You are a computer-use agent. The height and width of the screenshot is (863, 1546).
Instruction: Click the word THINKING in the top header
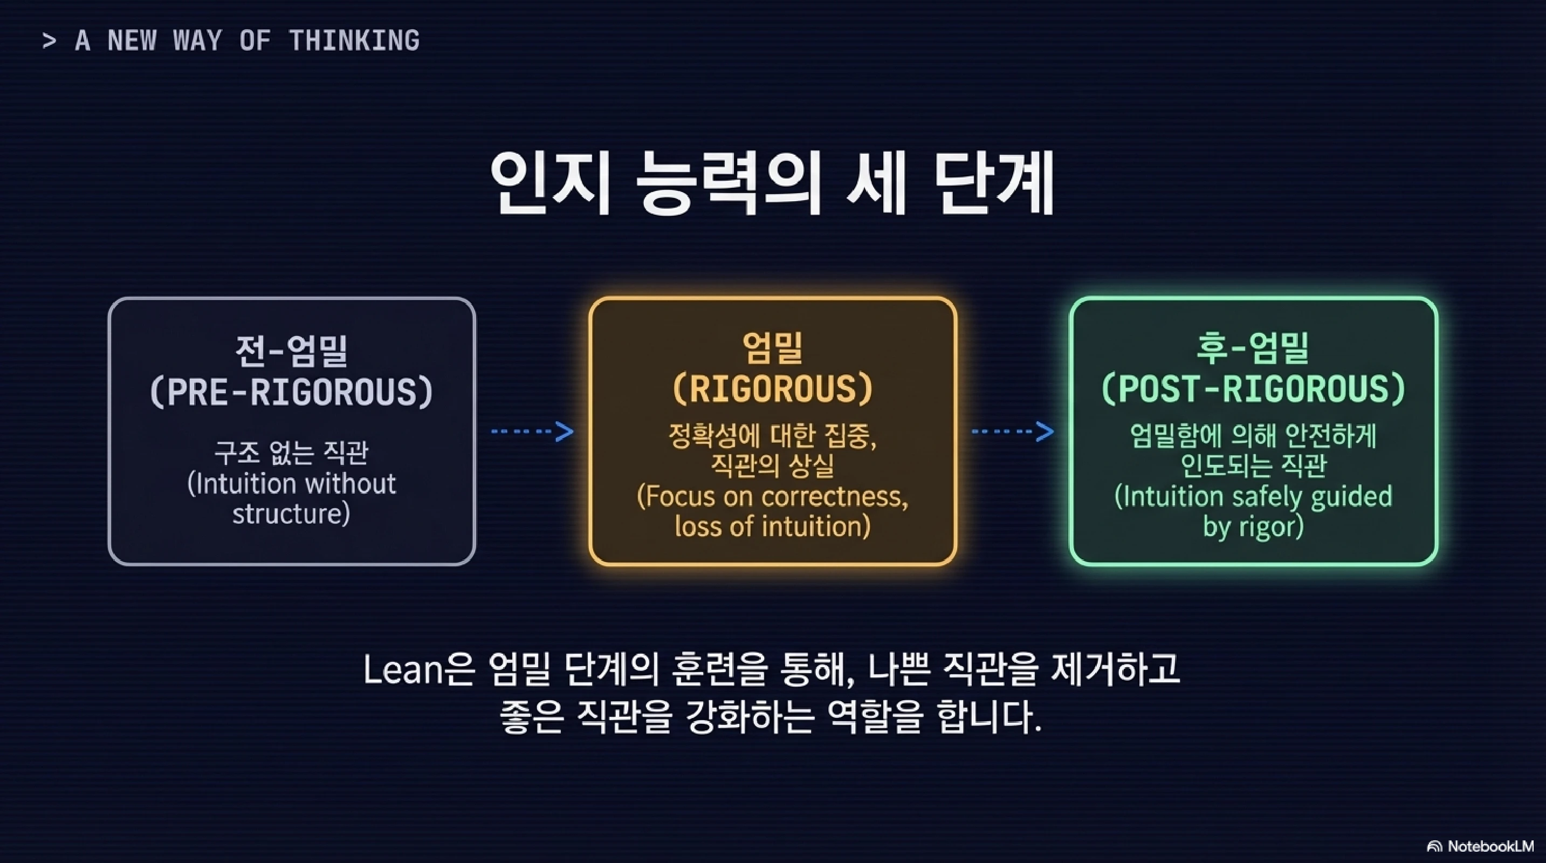354,41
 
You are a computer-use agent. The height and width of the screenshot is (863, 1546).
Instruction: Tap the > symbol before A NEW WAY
49,41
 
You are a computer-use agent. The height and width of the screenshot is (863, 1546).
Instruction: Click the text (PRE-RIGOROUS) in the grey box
291,392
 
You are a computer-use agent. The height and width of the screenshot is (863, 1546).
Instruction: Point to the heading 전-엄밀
291,351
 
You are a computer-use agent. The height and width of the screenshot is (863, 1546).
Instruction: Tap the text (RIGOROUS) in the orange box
772,389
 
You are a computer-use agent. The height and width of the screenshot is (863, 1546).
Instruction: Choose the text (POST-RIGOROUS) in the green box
1253,389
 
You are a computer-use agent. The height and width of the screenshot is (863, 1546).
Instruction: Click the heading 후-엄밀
1253,348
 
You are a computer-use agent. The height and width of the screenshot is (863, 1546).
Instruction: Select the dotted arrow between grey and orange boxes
532,432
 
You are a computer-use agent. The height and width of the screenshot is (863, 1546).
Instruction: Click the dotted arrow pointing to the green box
1013,432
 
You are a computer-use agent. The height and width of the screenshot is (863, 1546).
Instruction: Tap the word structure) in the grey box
291,513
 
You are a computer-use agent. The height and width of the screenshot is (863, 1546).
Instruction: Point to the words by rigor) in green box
1253,527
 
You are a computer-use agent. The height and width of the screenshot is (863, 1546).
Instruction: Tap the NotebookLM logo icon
1434,847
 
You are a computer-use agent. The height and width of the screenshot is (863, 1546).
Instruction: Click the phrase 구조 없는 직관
291,453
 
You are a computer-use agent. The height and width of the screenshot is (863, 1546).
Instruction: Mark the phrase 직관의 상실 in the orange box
772,465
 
